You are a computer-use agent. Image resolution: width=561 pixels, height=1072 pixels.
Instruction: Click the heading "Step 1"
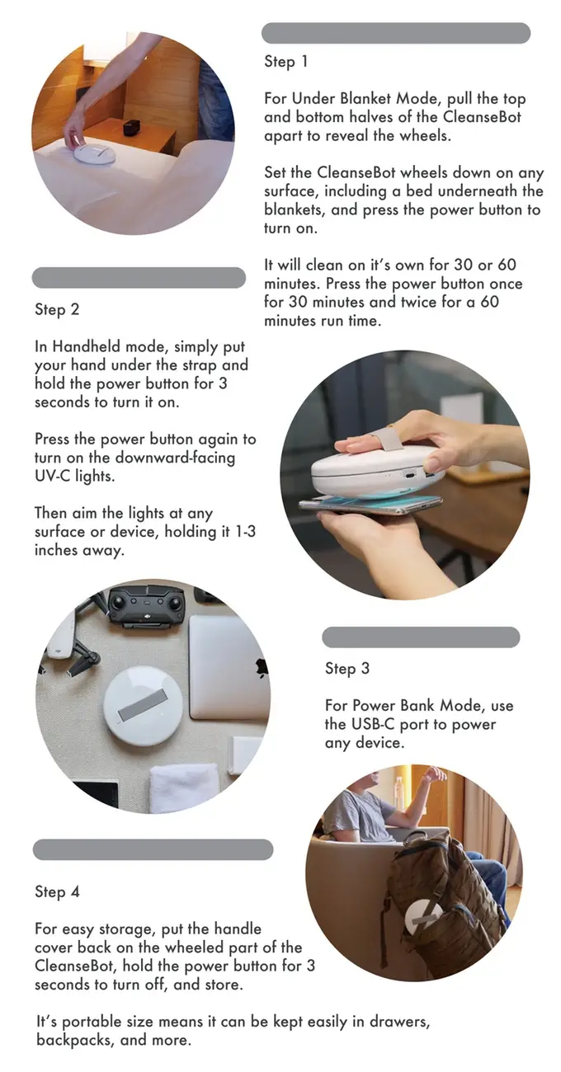tap(285, 61)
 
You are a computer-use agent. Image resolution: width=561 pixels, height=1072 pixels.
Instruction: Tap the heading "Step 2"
tap(57, 310)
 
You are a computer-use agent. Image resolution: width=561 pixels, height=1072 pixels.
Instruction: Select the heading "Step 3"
tap(346, 669)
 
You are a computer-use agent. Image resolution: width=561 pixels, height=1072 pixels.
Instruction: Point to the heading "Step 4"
tap(57, 891)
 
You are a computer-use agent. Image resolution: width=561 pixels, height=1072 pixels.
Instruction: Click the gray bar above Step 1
tap(395, 33)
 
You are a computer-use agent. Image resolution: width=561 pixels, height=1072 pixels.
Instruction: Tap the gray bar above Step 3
tap(421, 637)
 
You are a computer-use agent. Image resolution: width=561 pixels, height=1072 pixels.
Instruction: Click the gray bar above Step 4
tap(153, 849)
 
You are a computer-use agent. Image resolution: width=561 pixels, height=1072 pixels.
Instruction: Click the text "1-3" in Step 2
tap(239, 532)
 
